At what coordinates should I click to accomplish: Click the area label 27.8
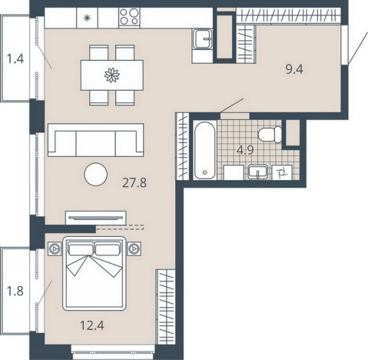tap(134, 183)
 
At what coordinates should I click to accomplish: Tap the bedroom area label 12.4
tap(92, 325)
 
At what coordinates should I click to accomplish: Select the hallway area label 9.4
tap(294, 69)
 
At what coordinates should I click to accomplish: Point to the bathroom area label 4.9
tap(245, 150)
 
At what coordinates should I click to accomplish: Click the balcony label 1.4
tap(15, 59)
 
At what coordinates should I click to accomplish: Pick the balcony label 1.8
tap(15, 291)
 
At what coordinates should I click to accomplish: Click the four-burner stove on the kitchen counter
tap(129, 17)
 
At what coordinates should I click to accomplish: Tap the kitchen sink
tap(203, 38)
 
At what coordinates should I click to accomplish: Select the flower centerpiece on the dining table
tap(112, 75)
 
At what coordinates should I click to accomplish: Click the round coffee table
tap(96, 175)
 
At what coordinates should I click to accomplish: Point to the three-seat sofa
tap(95, 140)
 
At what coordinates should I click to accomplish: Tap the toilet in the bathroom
tap(270, 135)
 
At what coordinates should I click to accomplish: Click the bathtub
tap(204, 150)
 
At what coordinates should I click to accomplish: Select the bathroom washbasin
tap(258, 172)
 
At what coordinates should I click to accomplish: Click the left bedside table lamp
tap(55, 248)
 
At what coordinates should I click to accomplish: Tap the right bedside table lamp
tap(134, 248)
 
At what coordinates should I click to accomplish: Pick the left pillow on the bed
tap(81, 250)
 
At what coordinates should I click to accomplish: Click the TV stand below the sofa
tap(96, 218)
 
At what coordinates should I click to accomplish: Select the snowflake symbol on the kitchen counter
tap(88, 18)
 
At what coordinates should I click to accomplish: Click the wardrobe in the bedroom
tap(166, 306)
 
